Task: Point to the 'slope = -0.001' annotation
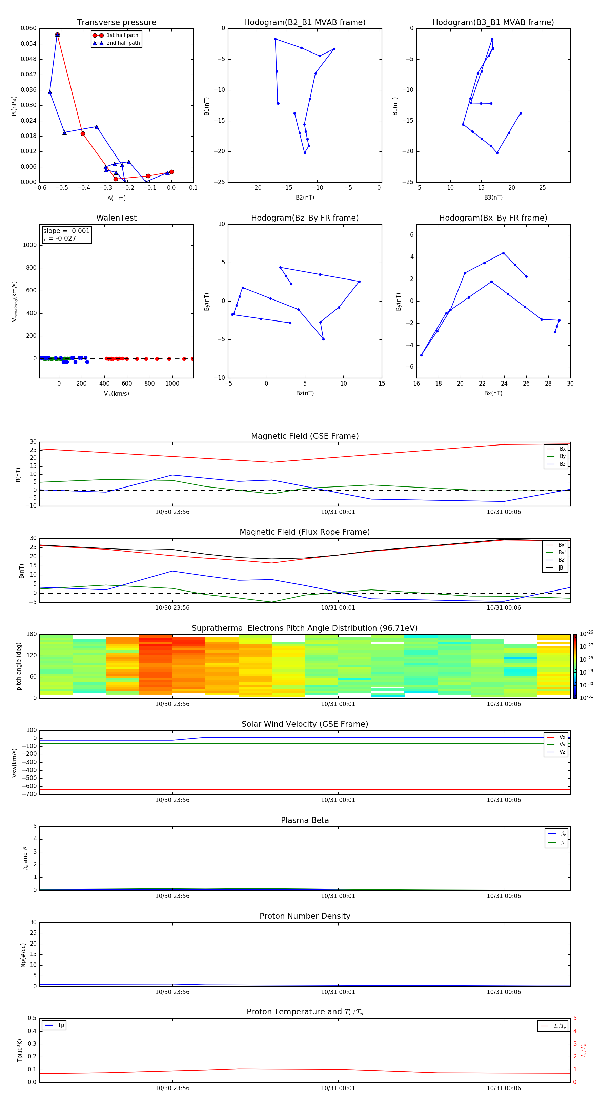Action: click(66, 231)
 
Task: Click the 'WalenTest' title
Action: click(116, 218)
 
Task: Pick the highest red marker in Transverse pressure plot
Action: click(57, 35)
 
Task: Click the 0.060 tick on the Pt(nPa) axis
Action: click(29, 28)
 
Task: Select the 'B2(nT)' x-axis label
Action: click(305, 198)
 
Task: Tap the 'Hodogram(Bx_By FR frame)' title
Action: click(493, 218)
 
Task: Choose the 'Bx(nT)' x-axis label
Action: click(493, 393)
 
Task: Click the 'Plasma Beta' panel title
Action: click(305, 820)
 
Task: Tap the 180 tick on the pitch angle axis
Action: click(32, 634)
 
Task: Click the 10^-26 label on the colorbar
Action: click(586, 634)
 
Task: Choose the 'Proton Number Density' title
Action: click(305, 916)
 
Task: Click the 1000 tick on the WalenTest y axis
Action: click(29, 245)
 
